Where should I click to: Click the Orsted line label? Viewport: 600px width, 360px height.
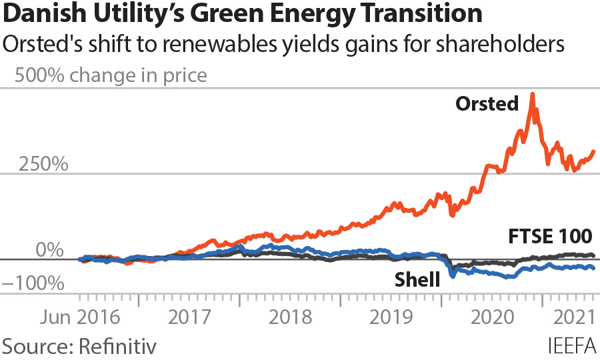click(487, 103)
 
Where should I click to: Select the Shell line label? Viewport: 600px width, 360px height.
click(417, 279)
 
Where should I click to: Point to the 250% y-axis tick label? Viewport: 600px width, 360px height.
click(43, 164)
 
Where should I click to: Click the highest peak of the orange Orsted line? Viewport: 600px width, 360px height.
click(532, 95)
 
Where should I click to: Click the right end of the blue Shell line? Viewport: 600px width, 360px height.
click(593, 267)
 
